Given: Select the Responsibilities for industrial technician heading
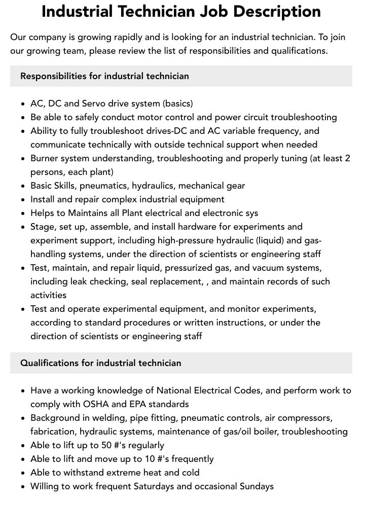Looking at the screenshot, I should click(104, 76).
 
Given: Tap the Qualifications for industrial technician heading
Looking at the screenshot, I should click(100, 363).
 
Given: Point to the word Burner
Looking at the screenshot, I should click(45, 158).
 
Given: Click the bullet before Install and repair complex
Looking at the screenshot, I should click(23, 200).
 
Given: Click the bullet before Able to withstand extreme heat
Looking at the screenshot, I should click(23, 473).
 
